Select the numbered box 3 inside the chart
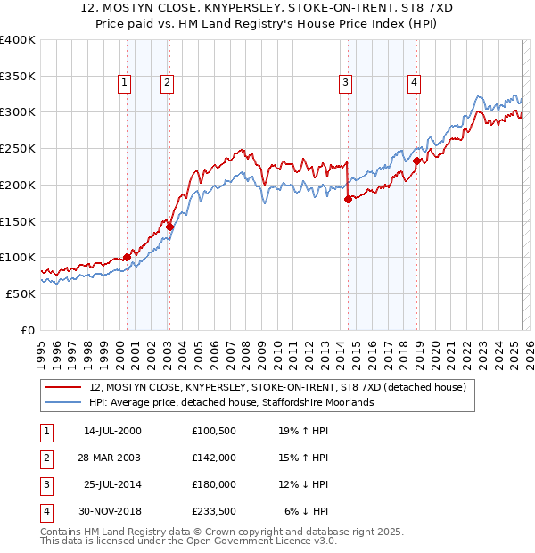pos(345,83)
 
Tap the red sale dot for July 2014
pos(348,200)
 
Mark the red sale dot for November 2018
pos(416,161)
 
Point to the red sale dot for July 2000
pos(127,257)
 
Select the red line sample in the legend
pos(63,387)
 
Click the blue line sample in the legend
pos(63,402)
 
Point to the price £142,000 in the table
pos(213,458)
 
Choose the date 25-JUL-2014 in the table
pos(112,484)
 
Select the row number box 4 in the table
pos(45,511)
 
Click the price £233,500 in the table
pos(213,511)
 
